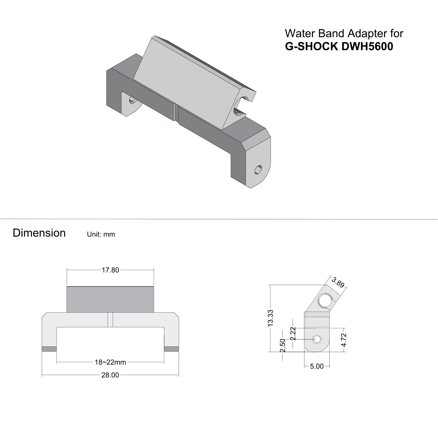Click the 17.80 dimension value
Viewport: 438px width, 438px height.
(110, 270)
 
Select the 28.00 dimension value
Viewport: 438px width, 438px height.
(110, 375)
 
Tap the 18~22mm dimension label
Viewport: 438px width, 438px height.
(110, 362)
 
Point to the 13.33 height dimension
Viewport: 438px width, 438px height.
(271, 318)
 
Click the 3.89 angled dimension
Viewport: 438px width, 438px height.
(338, 282)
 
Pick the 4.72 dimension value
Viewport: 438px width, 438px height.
(344, 340)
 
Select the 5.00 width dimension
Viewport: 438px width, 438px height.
(317, 366)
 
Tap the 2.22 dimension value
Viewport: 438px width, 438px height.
(293, 334)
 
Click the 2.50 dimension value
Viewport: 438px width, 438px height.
(283, 346)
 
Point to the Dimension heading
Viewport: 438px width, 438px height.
(39, 233)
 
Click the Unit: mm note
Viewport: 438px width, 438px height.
(101, 235)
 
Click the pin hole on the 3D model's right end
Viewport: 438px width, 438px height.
(258, 170)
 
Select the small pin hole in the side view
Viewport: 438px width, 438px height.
(317, 339)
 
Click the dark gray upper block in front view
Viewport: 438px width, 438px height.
(110, 299)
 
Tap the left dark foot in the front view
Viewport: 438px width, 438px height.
(49, 349)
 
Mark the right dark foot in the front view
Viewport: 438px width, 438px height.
(171, 349)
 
